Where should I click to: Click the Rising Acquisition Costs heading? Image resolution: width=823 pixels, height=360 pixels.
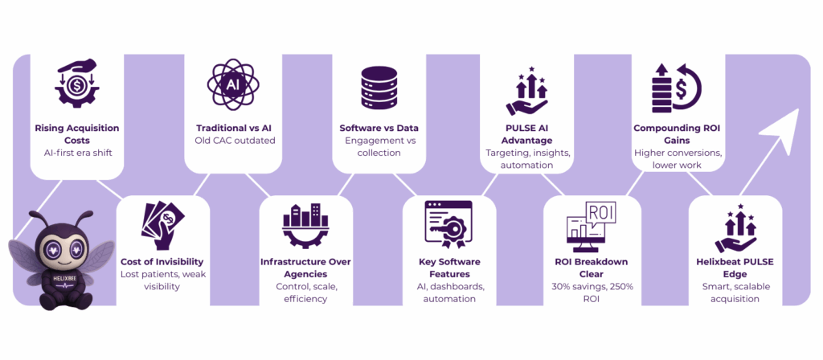(x=76, y=134)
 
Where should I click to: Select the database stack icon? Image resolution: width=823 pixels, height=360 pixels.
(x=379, y=85)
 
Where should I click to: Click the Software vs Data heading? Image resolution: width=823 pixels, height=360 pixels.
(x=379, y=128)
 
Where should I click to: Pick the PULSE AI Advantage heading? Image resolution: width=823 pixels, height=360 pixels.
(x=526, y=134)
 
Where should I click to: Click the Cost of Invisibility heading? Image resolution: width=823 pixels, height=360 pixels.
(x=162, y=261)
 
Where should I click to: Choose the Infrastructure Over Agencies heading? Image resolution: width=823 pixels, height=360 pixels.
(x=305, y=268)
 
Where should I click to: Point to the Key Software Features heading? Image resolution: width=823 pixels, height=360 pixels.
(x=449, y=268)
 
